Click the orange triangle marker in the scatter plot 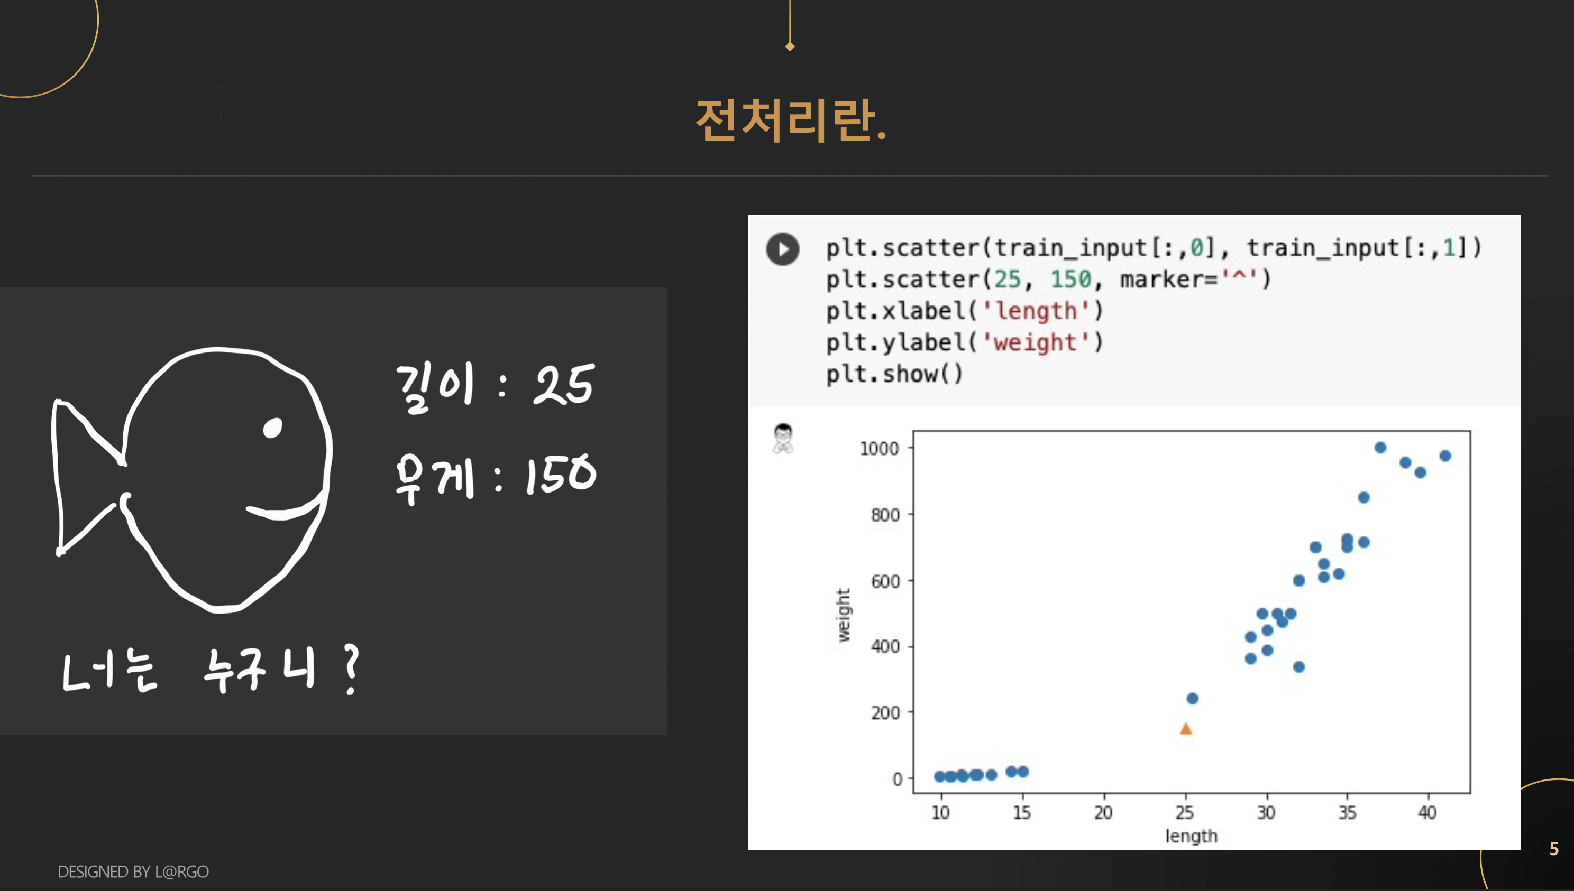coord(1186,728)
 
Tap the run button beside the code coord(783,249)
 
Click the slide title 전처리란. coord(791,120)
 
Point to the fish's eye coord(272,428)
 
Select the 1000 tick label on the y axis coord(879,449)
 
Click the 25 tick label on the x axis coord(1185,813)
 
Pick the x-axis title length coord(1191,836)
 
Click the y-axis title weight coord(844,615)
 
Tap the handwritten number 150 coord(561,475)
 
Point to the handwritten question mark coord(351,670)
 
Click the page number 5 coord(1554,848)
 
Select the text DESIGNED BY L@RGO coord(133,871)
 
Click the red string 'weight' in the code coord(1035,342)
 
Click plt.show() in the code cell coord(894,373)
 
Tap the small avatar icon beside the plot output coord(783,438)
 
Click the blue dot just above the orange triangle coord(1192,698)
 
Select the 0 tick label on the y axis coord(897,779)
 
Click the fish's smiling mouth coord(285,508)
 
